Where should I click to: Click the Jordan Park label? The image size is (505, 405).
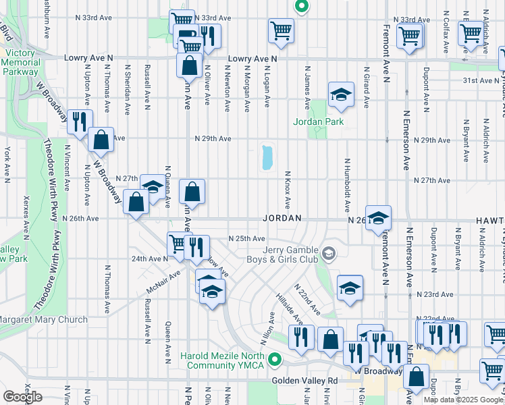click(319, 122)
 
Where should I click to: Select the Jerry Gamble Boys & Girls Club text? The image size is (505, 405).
click(290, 254)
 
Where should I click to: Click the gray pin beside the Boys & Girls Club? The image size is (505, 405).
click(329, 254)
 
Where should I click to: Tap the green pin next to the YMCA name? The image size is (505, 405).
click(273, 360)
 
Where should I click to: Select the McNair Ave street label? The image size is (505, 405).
click(163, 283)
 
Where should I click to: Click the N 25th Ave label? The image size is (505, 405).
click(246, 239)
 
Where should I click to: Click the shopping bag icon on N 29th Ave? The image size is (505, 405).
click(101, 140)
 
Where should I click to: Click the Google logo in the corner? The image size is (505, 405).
click(22, 397)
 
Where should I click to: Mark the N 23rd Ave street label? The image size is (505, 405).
click(434, 294)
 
